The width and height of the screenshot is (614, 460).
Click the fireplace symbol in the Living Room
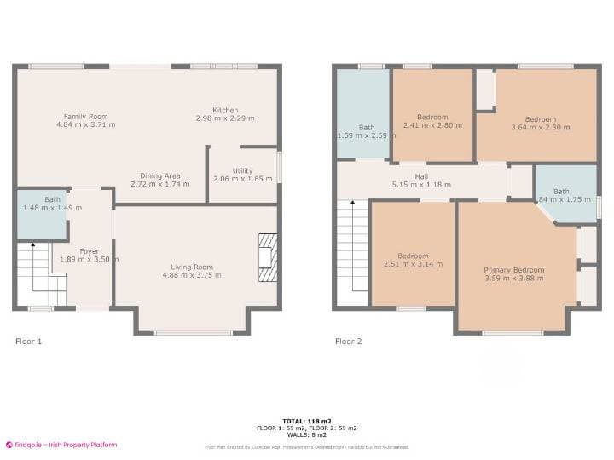(x=268, y=257)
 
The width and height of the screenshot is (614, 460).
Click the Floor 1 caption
(x=28, y=342)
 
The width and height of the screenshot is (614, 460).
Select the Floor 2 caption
(x=348, y=342)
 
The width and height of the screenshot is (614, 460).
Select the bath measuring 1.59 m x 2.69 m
(x=367, y=130)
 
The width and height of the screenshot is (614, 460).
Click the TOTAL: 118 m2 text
(x=306, y=421)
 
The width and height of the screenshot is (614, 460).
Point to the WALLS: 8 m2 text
(x=306, y=434)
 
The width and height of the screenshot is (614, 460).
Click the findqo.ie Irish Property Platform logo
(x=61, y=445)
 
